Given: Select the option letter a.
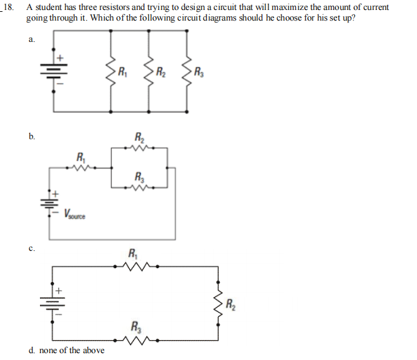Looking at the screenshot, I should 31,39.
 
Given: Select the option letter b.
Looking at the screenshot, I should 32,136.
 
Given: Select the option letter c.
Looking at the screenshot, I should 31,249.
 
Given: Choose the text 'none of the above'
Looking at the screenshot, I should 71,350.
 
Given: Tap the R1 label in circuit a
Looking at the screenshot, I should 123,70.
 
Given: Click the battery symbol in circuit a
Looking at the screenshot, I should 53,71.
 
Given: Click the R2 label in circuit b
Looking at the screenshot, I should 139,138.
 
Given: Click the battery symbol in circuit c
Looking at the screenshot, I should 52,304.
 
